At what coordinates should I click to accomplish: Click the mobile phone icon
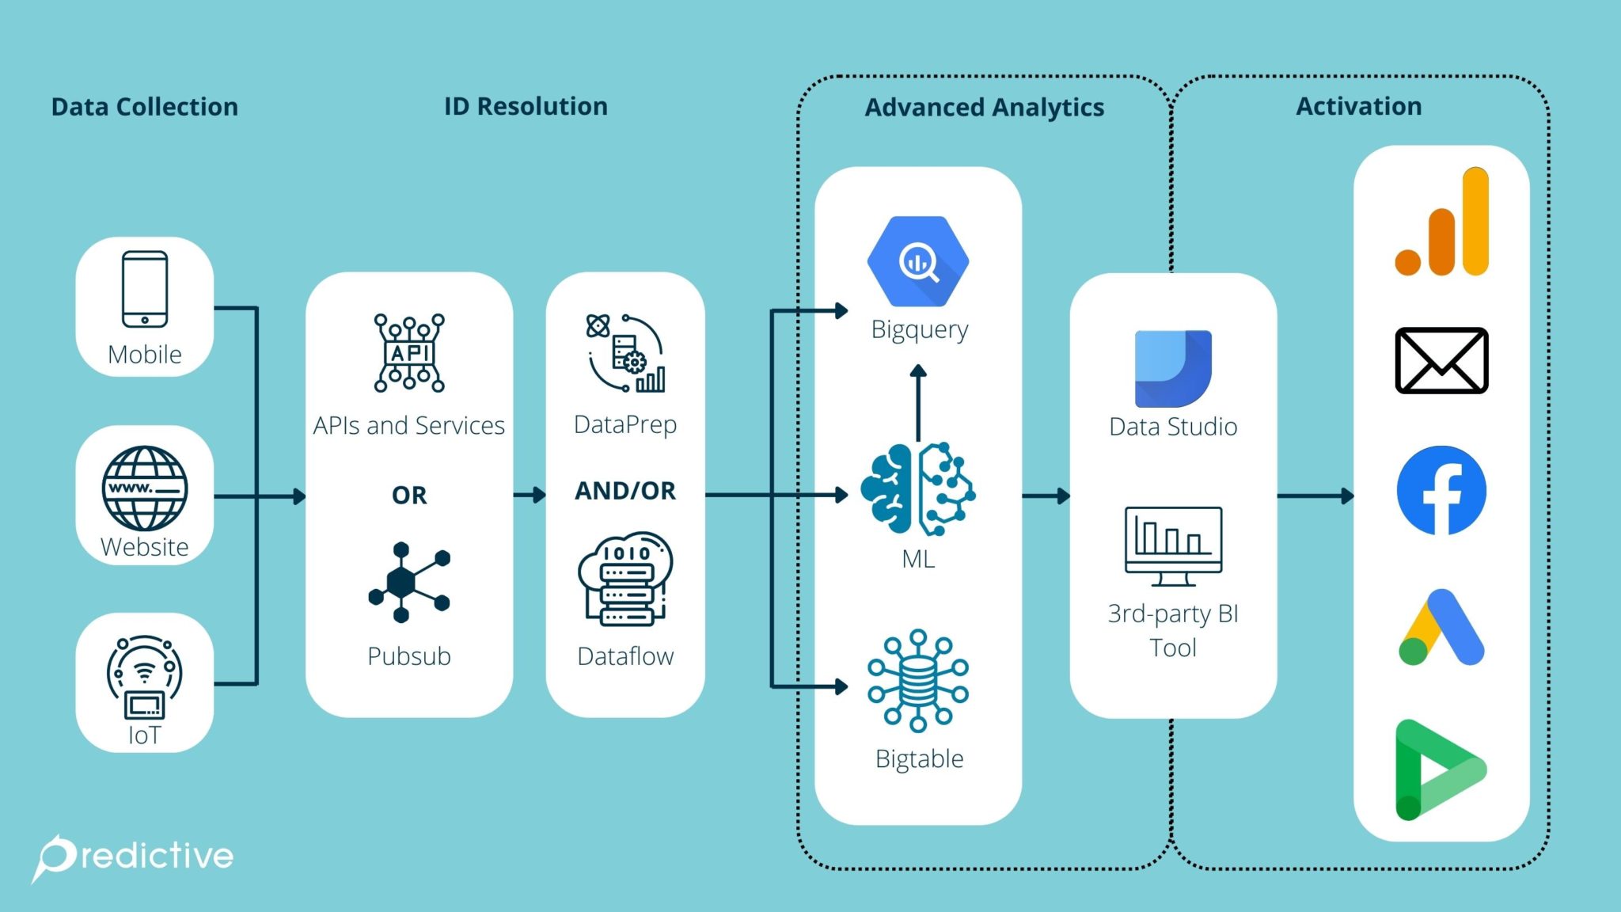[145, 289]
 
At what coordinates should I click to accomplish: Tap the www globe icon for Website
[145, 488]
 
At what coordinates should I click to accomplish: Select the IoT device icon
[145, 678]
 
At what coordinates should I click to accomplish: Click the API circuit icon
[409, 352]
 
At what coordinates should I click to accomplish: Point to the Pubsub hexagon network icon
[408, 582]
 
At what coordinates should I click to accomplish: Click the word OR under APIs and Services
[409, 496]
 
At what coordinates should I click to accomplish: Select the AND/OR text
[625, 491]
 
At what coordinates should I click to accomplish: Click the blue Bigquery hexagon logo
[918, 261]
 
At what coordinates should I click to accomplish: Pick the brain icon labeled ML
[918, 488]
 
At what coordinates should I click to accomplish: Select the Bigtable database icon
[918, 680]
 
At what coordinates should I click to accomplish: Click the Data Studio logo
[1173, 368]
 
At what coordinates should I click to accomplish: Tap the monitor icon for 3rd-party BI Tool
[1173, 545]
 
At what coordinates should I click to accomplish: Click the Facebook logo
[1441, 491]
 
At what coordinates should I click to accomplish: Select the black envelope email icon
[1441, 360]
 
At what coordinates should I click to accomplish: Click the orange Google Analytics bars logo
[1442, 223]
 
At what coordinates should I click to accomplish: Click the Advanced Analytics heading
[984, 107]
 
